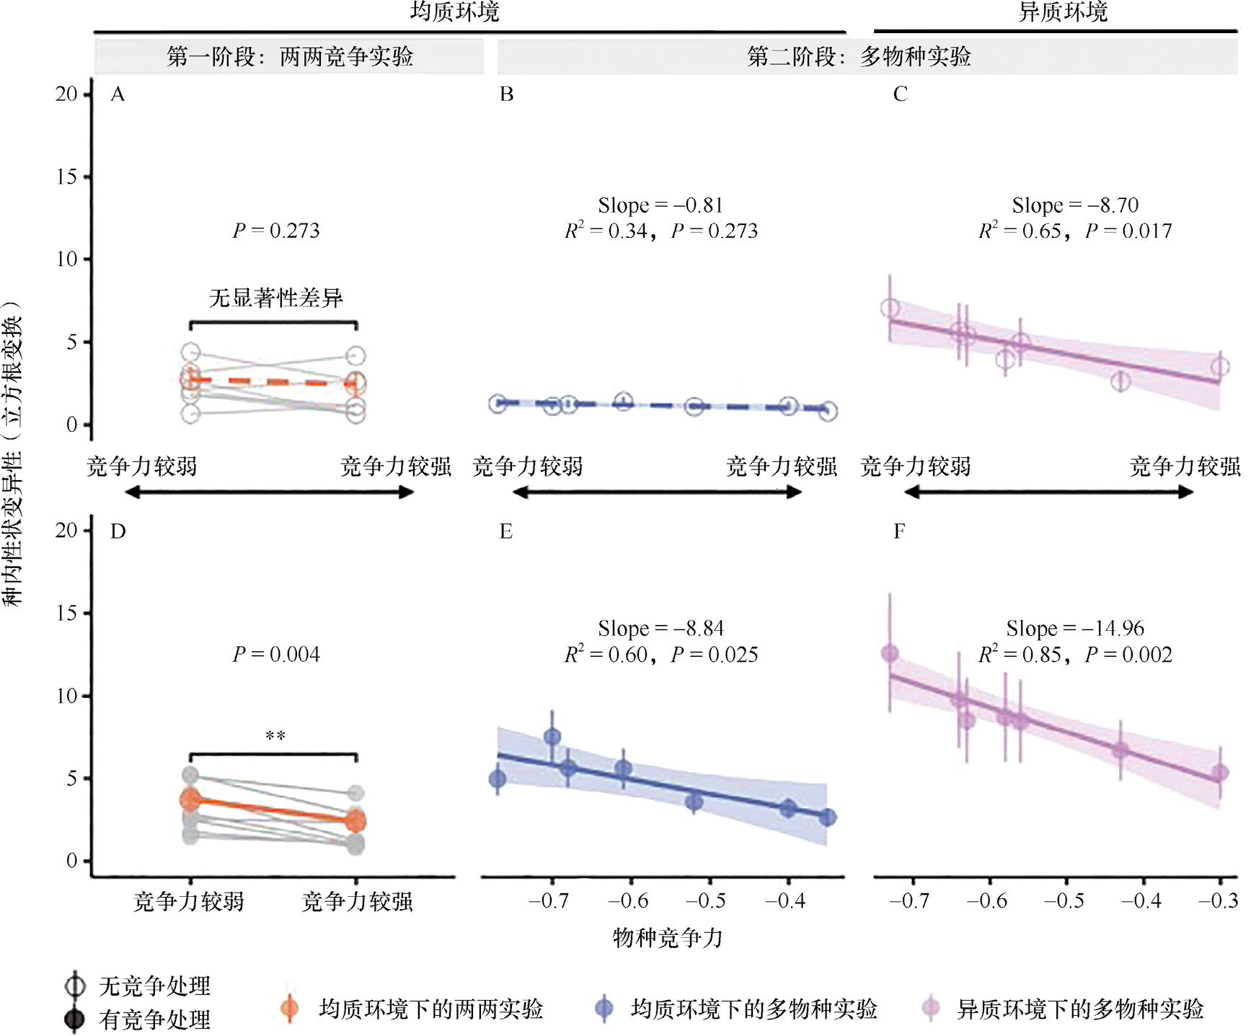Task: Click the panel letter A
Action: [118, 94]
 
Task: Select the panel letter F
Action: [899, 532]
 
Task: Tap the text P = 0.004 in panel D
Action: [276, 655]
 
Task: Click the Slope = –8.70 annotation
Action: [1075, 205]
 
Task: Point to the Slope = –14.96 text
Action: [1075, 629]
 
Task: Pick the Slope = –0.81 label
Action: [660, 205]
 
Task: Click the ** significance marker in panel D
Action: [275, 736]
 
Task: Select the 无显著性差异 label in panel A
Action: [275, 298]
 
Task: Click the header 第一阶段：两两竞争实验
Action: [290, 56]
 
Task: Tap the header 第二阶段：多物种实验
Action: [859, 56]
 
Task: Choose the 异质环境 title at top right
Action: [1062, 12]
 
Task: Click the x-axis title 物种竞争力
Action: [667, 937]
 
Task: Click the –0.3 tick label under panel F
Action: [1218, 901]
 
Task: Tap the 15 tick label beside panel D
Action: [66, 614]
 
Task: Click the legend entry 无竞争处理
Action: [154, 986]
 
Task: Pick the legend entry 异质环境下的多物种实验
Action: [1079, 1009]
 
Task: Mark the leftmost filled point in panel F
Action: [890, 653]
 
